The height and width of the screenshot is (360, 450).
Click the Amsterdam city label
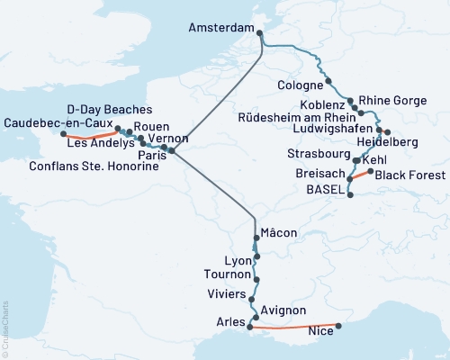tap(221, 28)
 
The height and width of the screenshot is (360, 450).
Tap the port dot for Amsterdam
tap(260, 34)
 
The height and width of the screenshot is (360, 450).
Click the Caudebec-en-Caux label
tap(57, 122)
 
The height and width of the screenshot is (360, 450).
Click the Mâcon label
tap(279, 233)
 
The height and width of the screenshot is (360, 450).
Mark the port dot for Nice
tap(338, 327)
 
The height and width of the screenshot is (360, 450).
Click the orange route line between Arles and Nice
tap(292, 328)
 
